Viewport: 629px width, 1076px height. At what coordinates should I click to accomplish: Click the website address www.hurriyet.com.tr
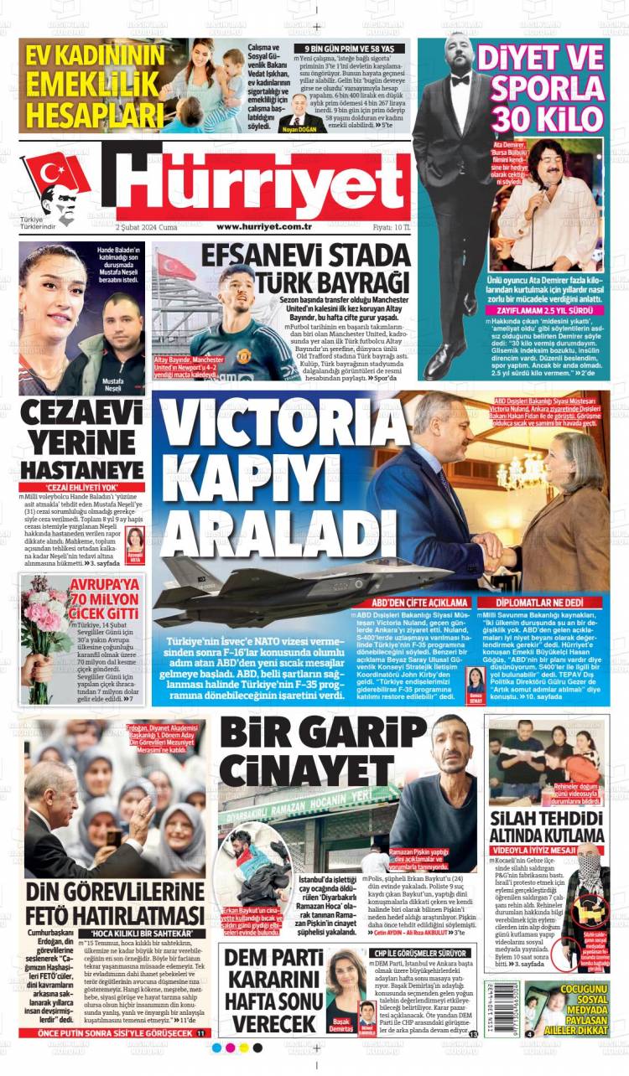[264, 226]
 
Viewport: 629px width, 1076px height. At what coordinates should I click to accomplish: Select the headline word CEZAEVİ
[81, 414]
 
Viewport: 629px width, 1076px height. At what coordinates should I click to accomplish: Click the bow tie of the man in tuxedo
[460, 80]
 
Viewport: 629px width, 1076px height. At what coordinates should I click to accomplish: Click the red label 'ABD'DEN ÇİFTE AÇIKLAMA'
[420, 603]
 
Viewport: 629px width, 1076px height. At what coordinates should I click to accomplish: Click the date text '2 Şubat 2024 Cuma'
[146, 226]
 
